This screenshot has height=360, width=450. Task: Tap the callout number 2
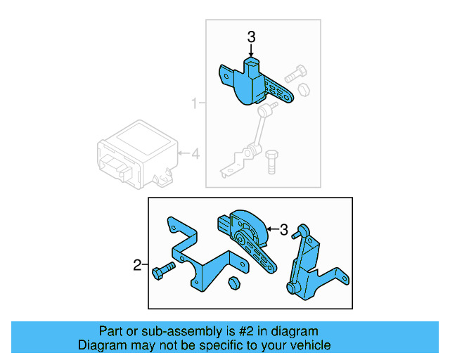point(138,265)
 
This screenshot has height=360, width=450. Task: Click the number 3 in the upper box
point(251,37)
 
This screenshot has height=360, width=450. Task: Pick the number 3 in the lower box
point(284,229)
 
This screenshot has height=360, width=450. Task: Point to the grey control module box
point(134,153)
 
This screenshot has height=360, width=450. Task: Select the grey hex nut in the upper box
point(304,89)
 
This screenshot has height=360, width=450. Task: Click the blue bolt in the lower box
point(162,271)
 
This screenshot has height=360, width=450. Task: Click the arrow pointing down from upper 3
point(251,50)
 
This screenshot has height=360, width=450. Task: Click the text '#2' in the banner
point(246,331)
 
